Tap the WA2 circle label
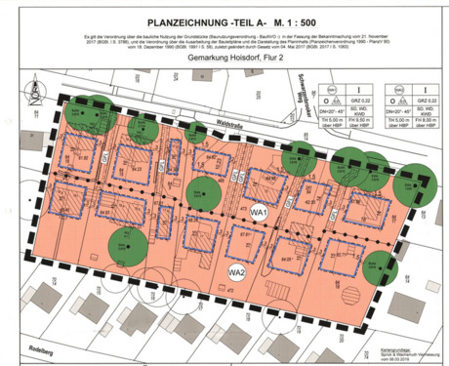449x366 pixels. [x=235, y=273]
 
